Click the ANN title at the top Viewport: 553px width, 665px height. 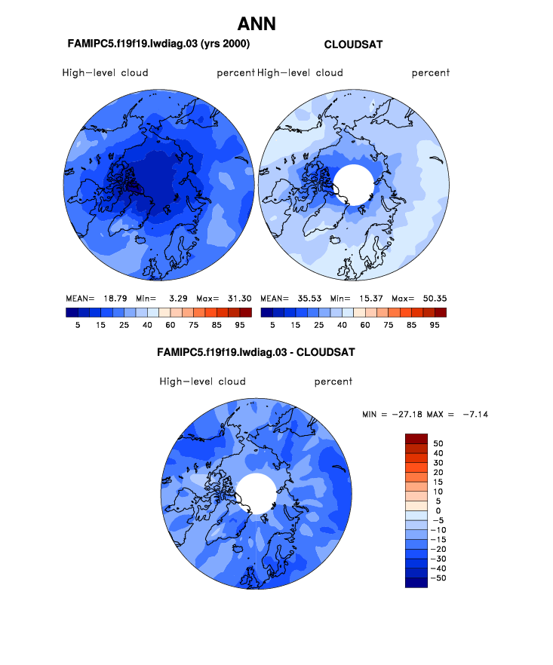tap(257, 23)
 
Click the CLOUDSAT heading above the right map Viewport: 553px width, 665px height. tap(352, 44)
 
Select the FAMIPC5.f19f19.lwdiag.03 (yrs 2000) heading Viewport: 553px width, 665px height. tap(158, 44)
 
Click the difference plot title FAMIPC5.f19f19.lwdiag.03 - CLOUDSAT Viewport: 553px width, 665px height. tap(256, 352)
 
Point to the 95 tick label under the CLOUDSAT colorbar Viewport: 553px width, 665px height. tap(434, 325)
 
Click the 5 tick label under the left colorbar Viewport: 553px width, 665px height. tap(78, 325)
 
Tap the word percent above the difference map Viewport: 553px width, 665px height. tap(333, 382)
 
